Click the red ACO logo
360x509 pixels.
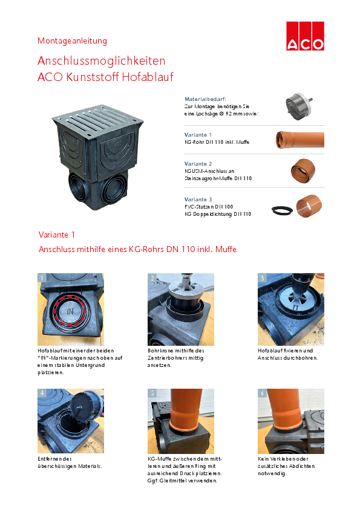point(305,36)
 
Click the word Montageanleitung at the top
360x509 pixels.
point(72,41)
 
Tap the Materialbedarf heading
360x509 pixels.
point(205,99)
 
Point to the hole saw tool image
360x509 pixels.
point(299,106)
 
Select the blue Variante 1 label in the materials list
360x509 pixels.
point(198,135)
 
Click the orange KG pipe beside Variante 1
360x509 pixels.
point(300,140)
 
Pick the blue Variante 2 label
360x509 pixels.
point(198,164)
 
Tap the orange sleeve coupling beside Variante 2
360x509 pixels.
point(303,170)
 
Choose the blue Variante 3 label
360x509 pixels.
point(198,199)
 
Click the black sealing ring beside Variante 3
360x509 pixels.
point(282,210)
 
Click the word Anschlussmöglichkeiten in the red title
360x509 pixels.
point(102,60)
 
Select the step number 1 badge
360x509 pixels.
point(42,278)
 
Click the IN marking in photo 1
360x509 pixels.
point(70,311)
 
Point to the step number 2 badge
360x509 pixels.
point(152,278)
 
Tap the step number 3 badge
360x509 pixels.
point(262,278)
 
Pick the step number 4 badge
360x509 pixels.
point(42,393)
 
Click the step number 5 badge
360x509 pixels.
point(152,393)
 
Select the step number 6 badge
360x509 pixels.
point(262,393)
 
